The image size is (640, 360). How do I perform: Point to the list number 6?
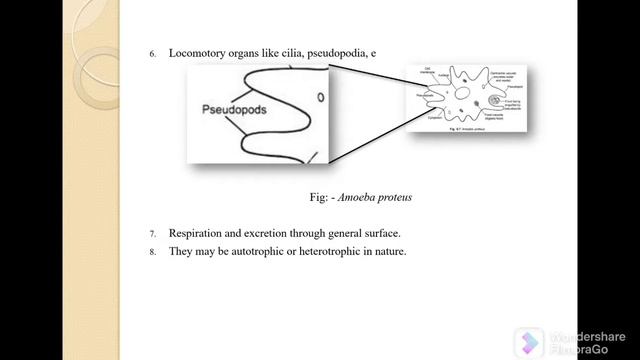(x=153, y=53)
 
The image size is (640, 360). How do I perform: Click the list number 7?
(x=153, y=233)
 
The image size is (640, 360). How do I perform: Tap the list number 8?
(x=153, y=251)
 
